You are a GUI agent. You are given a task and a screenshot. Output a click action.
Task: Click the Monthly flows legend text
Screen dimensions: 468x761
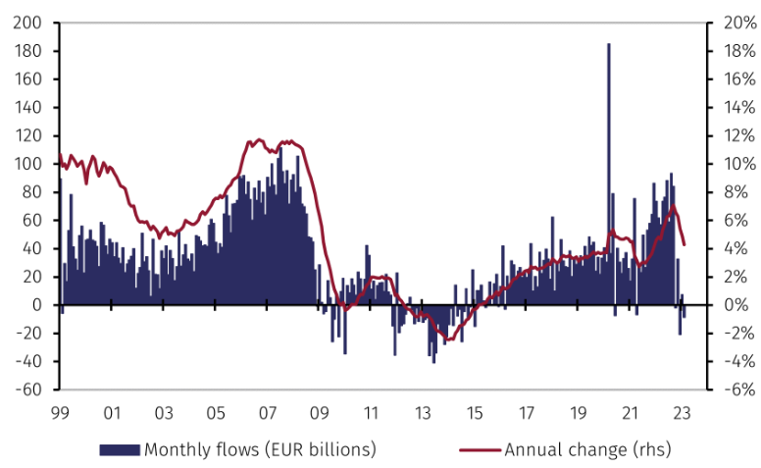(260, 450)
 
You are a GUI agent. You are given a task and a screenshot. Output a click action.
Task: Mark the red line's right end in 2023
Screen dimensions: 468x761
(685, 244)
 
